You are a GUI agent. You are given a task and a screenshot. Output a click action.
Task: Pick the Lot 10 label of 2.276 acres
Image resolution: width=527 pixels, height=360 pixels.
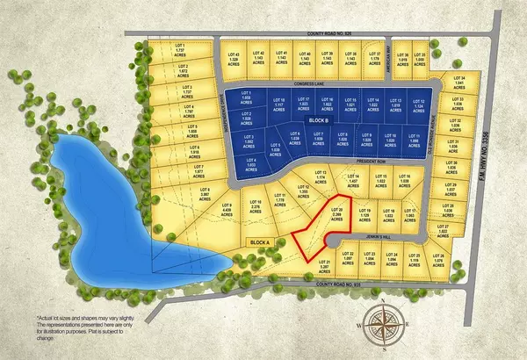[257, 205]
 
